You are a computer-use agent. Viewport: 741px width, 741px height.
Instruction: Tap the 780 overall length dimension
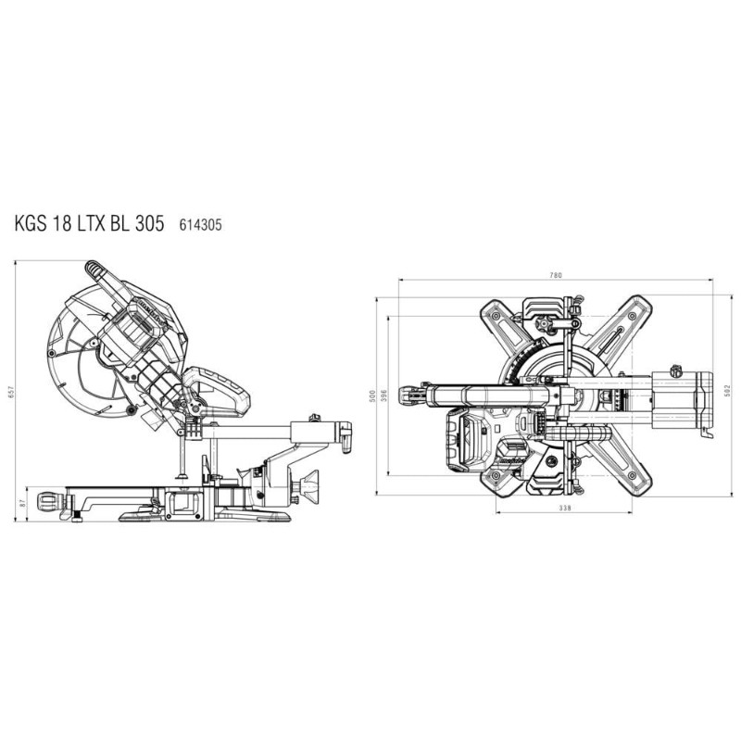(557, 275)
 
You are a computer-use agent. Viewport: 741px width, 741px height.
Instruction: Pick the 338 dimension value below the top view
(565, 509)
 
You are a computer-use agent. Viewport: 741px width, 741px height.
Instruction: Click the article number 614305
(200, 225)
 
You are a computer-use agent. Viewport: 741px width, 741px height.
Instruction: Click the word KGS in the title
(31, 223)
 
